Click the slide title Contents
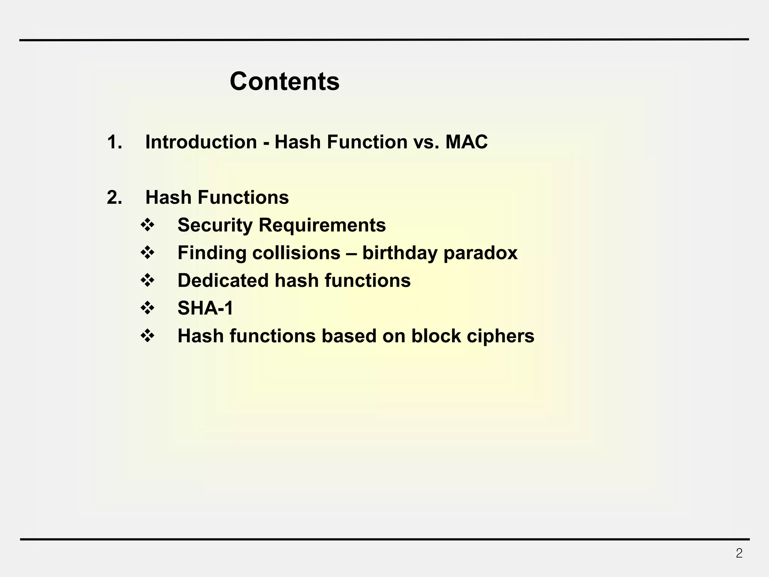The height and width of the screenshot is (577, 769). pos(284,81)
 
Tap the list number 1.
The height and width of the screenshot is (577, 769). pos(114,142)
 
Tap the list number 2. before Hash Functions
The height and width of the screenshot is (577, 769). pos(114,197)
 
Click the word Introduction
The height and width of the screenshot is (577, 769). pos(201,142)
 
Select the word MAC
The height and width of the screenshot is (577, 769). pos(466,142)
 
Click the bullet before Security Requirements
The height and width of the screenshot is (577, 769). pos(148,225)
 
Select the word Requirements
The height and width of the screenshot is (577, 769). pos(322,225)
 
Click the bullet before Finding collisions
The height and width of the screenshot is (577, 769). pos(148,253)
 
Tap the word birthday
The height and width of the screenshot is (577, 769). pos(400,253)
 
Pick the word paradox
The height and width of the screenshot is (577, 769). pos(480,253)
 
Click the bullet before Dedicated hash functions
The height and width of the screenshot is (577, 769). pos(148,281)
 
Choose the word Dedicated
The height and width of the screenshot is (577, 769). pos(223,281)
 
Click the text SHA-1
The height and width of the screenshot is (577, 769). pos(205,308)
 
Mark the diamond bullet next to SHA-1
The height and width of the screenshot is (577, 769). pos(148,308)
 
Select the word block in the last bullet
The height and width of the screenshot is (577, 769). pos(436,336)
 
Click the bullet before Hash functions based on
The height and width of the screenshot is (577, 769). pos(148,336)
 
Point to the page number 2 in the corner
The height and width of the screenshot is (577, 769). pos(739,553)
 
